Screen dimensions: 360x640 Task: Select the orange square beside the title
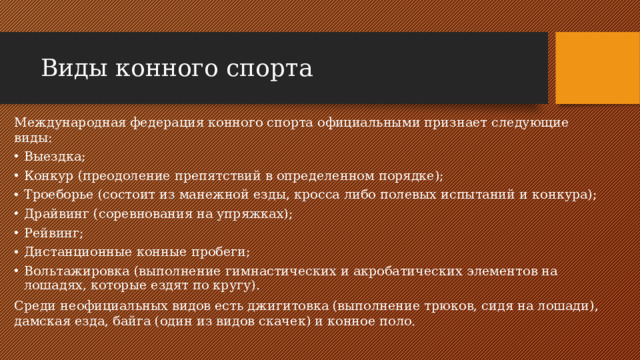tap(597, 67)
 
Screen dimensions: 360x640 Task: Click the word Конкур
tap(48, 176)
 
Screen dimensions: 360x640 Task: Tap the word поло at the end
tap(395, 323)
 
